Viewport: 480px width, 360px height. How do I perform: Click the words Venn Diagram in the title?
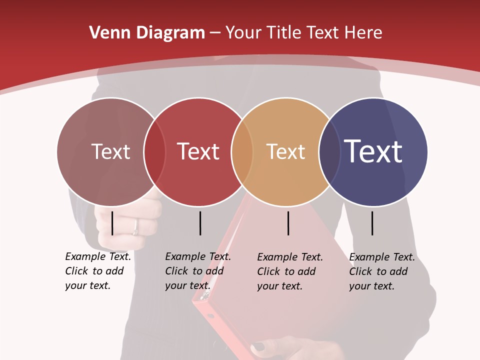[147, 33]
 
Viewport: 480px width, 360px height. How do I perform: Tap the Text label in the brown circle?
[110, 151]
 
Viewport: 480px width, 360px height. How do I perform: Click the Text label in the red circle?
[198, 151]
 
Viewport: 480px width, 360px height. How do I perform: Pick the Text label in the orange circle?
[285, 151]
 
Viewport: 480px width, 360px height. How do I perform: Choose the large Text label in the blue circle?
[373, 151]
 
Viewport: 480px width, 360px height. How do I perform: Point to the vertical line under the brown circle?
[112, 223]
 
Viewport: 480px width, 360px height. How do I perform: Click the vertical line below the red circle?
[200, 223]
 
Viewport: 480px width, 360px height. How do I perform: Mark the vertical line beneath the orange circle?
[288, 223]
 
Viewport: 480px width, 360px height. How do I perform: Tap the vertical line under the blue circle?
[372, 223]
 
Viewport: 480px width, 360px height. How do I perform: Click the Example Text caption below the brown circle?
[98, 271]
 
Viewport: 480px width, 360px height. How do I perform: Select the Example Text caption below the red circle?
[198, 271]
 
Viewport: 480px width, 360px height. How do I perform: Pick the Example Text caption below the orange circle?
[290, 271]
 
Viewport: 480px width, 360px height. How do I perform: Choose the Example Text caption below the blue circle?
[382, 271]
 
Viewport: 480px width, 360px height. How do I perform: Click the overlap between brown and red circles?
[154, 151]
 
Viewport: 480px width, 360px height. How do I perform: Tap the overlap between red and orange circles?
[242, 151]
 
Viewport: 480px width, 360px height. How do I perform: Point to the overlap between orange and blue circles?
[329, 151]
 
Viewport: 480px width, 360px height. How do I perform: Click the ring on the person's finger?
[135, 227]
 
